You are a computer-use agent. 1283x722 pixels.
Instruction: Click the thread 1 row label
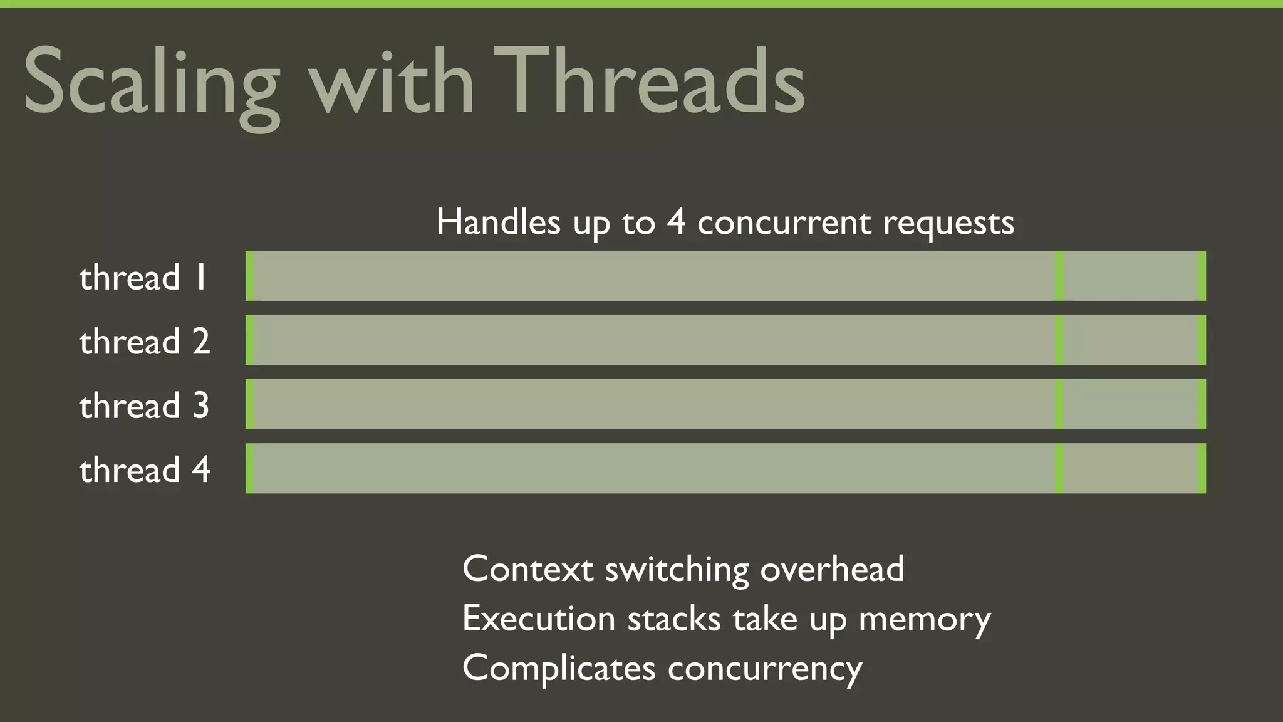pyautogui.click(x=143, y=277)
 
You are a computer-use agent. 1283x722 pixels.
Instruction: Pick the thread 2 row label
pyautogui.click(x=145, y=342)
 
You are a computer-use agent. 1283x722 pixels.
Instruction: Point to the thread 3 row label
pyautogui.click(x=145, y=405)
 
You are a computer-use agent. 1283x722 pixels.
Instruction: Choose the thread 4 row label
pyautogui.click(x=145, y=470)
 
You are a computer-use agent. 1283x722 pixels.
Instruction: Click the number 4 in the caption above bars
pyautogui.click(x=676, y=222)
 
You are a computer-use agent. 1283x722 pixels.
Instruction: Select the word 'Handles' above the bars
pyautogui.click(x=498, y=222)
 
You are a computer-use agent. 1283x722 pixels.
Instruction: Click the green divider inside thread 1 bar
pyautogui.click(x=1059, y=276)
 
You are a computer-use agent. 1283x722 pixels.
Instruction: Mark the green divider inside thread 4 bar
pyautogui.click(x=1059, y=468)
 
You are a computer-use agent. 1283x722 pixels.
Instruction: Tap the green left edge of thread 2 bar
pyautogui.click(x=250, y=340)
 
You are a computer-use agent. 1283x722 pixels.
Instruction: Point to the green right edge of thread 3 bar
pyautogui.click(x=1202, y=404)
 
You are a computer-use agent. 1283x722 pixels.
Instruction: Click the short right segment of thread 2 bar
pyautogui.click(x=1130, y=340)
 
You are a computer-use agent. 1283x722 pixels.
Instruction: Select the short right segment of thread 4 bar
pyautogui.click(x=1130, y=468)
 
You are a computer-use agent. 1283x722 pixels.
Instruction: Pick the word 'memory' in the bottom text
pyautogui.click(x=925, y=619)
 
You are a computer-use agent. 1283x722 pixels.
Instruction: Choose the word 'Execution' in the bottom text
pyautogui.click(x=539, y=619)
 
